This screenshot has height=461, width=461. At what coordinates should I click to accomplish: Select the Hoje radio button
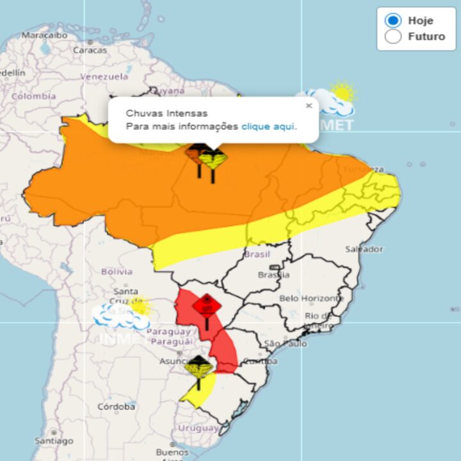(x=392, y=20)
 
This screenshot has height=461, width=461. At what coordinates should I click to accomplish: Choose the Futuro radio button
(x=392, y=36)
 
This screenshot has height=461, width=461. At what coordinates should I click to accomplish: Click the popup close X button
(x=309, y=106)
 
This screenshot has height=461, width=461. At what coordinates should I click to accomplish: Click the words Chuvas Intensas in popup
(x=158, y=113)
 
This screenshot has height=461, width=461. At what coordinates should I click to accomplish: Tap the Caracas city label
(x=90, y=49)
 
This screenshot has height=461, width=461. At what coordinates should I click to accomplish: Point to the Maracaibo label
(x=44, y=35)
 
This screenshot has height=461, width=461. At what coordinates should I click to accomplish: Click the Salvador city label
(x=364, y=248)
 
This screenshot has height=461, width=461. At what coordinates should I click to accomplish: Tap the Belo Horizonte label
(x=312, y=298)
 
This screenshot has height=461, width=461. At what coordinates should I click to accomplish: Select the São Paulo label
(x=285, y=344)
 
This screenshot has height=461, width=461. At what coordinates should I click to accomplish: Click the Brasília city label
(x=273, y=275)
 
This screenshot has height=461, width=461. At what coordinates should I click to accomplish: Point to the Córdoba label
(x=116, y=407)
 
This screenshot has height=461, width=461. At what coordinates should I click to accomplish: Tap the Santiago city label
(x=54, y=441)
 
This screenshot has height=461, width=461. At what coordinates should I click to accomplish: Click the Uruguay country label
(x=198, y=428)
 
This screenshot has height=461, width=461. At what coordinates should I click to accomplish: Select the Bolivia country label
(x=117, y=271)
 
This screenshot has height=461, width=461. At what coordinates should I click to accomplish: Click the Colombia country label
(x=33, y=96)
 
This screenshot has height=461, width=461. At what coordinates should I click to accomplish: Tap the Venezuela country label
(x=104, y=76)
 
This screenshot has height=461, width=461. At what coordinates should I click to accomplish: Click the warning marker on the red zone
(x=207, y=305)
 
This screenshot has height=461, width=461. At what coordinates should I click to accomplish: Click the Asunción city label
(x=176, y=360)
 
